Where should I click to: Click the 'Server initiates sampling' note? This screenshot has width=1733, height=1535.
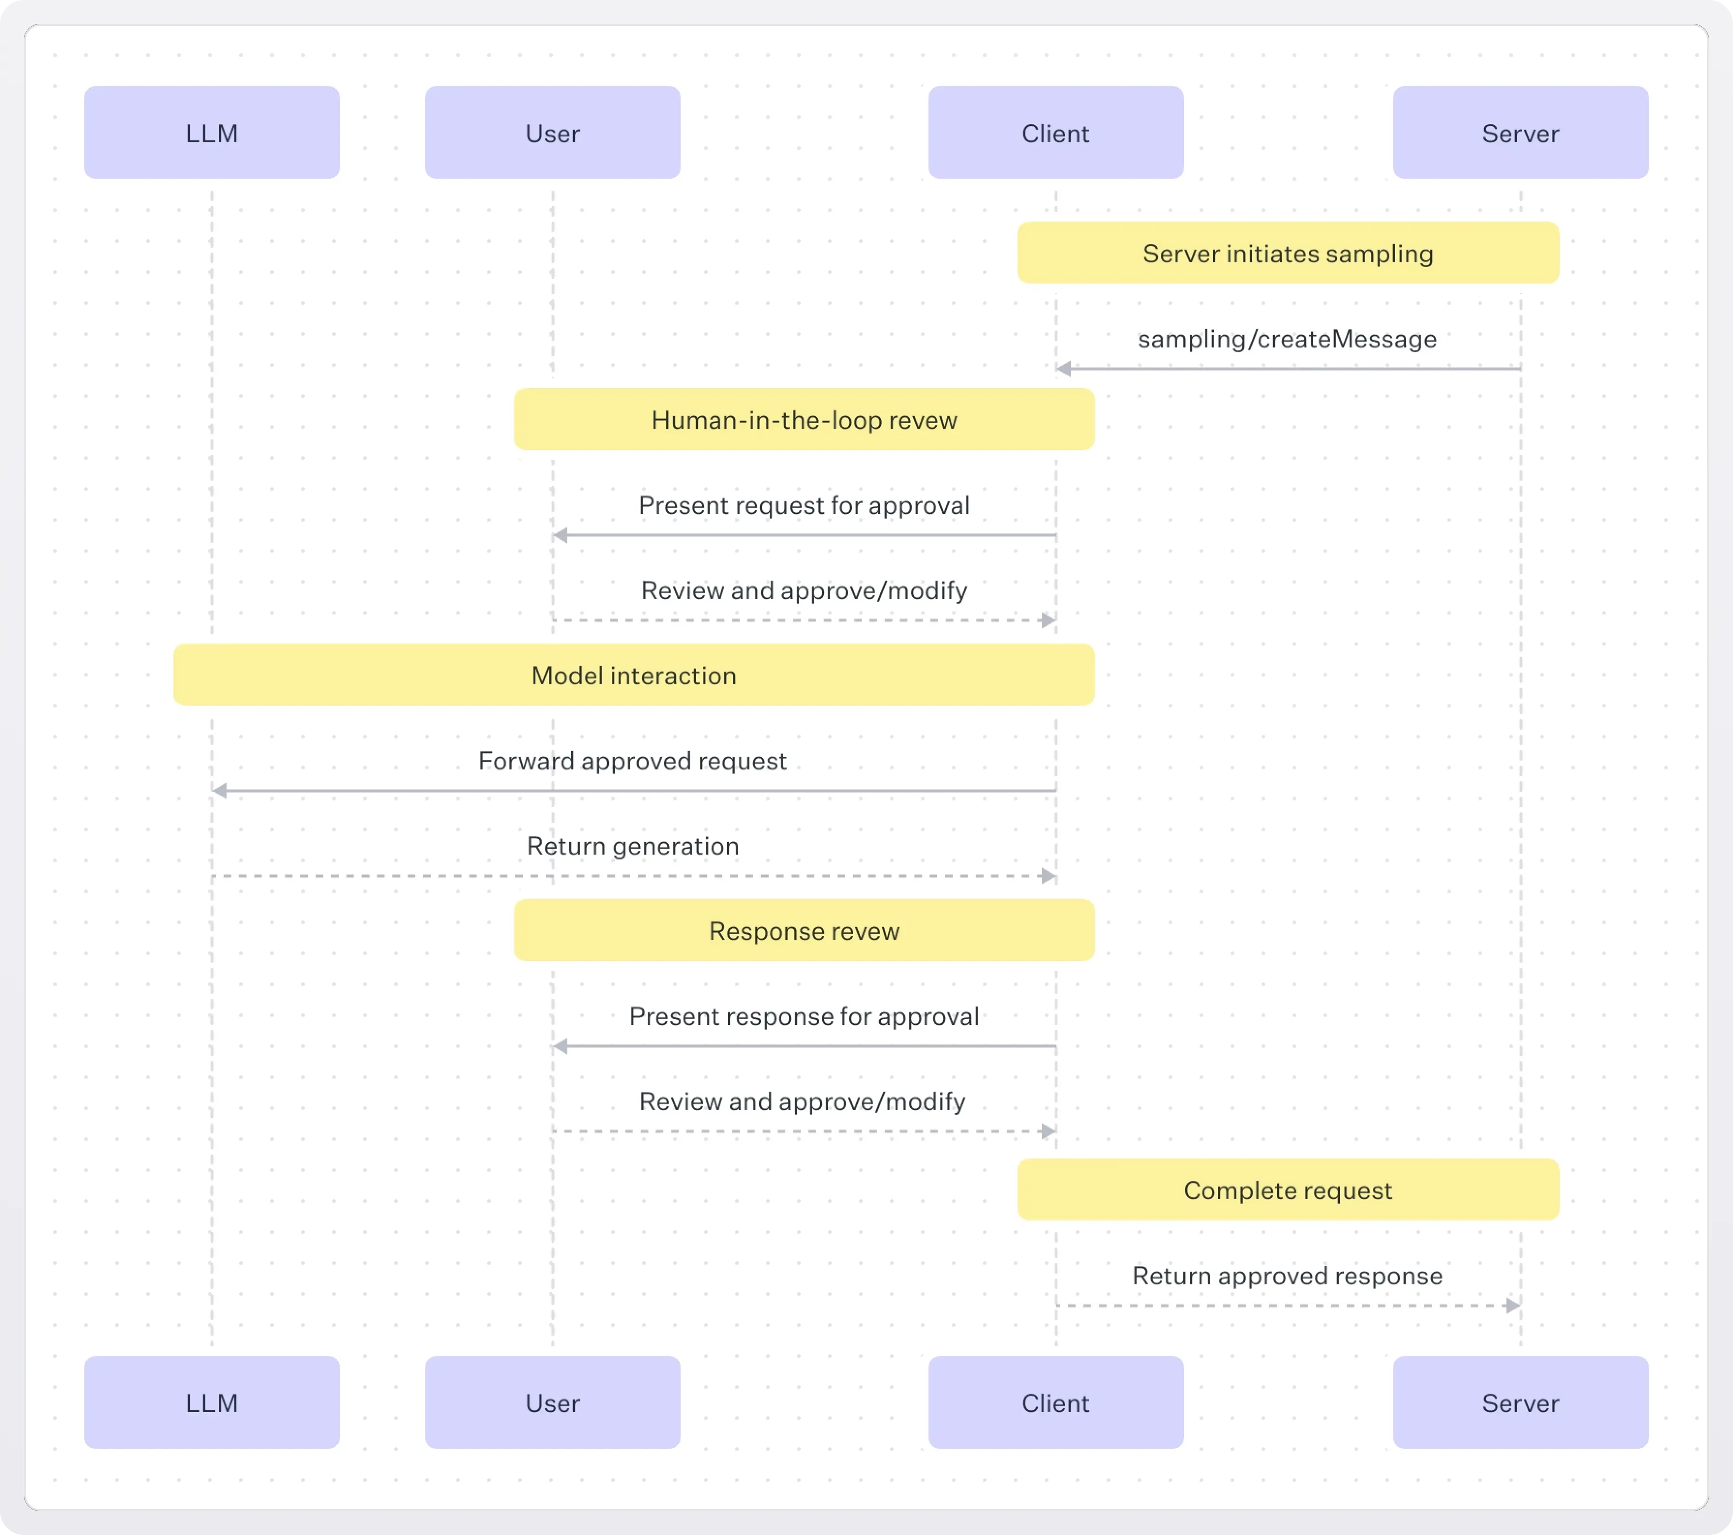[1287, 253]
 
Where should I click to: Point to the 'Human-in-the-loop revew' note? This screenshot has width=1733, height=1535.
[803, 420]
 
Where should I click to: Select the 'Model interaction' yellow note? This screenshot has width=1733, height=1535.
[633, 675]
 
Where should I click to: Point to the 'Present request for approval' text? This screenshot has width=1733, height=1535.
[803, 505]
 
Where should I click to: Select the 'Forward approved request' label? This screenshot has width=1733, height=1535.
[633, 760]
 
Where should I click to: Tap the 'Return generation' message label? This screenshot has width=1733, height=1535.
[633, 846]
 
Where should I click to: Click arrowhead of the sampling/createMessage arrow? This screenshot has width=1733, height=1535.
[1063, 369]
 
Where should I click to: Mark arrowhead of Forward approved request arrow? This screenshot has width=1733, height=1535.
[220, 791]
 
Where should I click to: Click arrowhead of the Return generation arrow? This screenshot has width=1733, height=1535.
[1048, 875]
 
